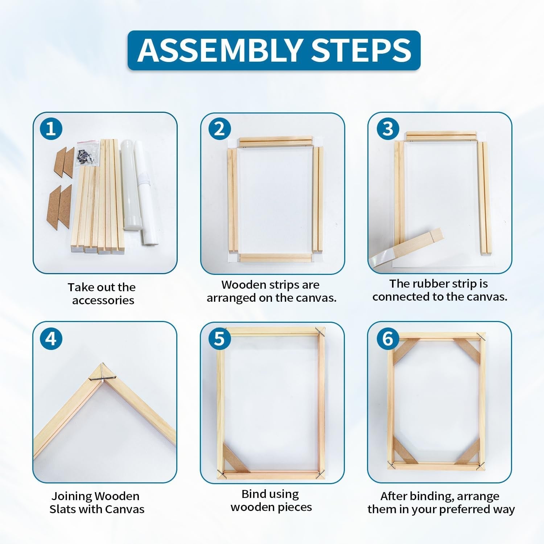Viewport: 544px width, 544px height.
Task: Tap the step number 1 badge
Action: click(x=51, y=129)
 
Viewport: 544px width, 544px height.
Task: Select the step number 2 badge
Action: click(x=219, y=129)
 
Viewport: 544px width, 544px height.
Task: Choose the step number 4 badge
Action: click(x=51, y=339)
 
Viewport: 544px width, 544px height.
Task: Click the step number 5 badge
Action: click(x=219, y=339)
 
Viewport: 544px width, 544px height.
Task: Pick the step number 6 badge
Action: click(x=388, y=339)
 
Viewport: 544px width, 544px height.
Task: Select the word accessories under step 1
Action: click(x=103, y=300)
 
